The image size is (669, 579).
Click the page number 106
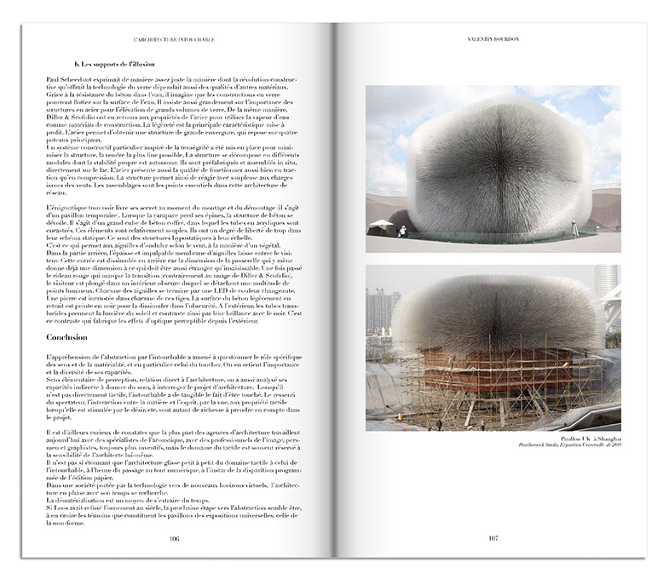point(174,537)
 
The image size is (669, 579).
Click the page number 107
point(493,537)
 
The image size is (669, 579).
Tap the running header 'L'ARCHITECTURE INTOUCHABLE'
point(174,38)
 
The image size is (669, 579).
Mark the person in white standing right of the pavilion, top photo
point(574,227)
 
